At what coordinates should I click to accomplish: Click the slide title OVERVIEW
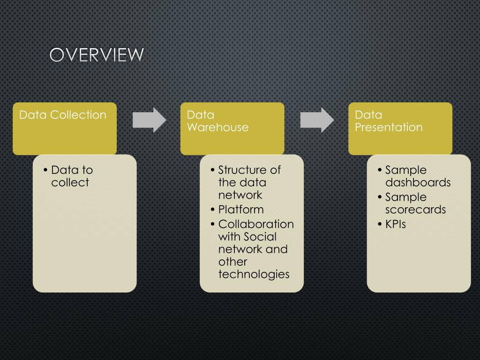(97, 55)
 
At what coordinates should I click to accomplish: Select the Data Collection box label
(63, 115)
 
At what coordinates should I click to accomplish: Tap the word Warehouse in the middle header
(217, 127)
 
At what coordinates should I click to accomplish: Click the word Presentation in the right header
(389, 127)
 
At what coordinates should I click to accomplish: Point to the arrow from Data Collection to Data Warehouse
(149, 120)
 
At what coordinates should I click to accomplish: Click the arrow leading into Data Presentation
(317, 120)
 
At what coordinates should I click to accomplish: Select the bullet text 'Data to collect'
(72, 176)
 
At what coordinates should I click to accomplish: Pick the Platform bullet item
(241, 210)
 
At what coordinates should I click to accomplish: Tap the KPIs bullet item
(395, 225)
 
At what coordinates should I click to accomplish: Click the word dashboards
(418, 183)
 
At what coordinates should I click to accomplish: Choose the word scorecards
(415, 210)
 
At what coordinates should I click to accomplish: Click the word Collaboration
(256, 225)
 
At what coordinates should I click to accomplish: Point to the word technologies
(254, 274)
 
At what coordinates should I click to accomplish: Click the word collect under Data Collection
(70, 183)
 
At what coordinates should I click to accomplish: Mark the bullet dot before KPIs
(380, 225)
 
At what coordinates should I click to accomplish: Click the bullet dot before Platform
(213, 210)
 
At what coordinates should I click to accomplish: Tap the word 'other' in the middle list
(232, 262)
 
